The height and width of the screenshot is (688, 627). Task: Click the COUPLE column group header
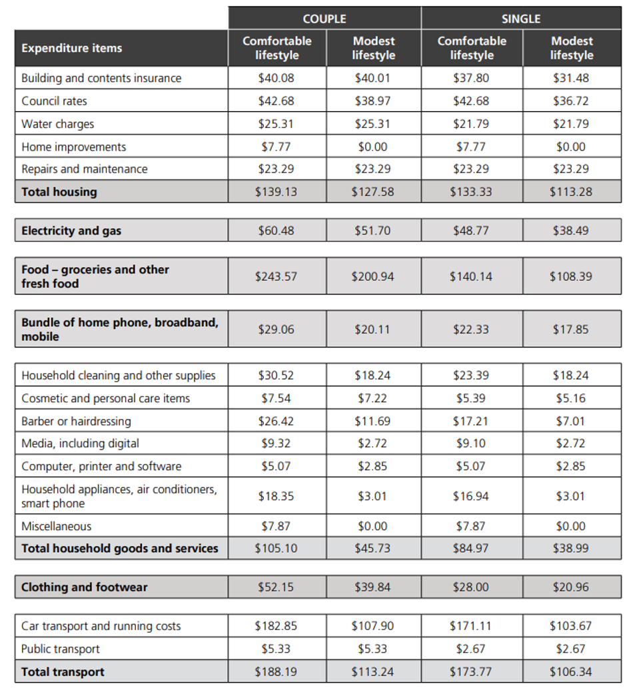click(324, 19)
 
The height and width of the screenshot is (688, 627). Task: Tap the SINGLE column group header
click(521, 19)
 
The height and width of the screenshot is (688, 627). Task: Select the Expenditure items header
click(72, 48)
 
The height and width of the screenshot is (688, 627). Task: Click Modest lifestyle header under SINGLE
click(572, 48)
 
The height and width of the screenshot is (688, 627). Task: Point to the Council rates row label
click(54, 101)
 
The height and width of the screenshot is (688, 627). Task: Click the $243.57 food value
click(276, 276)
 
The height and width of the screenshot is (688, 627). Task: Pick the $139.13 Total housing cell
click(276, 192)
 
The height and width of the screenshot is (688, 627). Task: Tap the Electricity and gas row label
click(71, 231)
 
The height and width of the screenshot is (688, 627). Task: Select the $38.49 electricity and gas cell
click(571, 231)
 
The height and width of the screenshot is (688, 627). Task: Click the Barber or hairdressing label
click(76, 421)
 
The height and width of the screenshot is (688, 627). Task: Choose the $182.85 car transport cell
click(276, 626)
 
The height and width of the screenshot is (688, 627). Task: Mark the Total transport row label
click(63, 671)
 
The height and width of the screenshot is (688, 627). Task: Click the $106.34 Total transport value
click(571, 671)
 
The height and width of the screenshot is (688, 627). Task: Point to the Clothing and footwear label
click(85, 587)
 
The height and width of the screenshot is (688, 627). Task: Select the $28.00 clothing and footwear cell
click(471, 587)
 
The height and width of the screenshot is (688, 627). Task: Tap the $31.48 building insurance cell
click(571, 78)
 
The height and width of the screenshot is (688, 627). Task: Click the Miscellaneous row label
click(57, 526)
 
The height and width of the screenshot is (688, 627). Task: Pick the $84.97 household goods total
click(471, 549)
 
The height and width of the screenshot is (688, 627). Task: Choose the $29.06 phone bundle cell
click(276, 329)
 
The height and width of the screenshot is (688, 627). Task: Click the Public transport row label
click(61, 649)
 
